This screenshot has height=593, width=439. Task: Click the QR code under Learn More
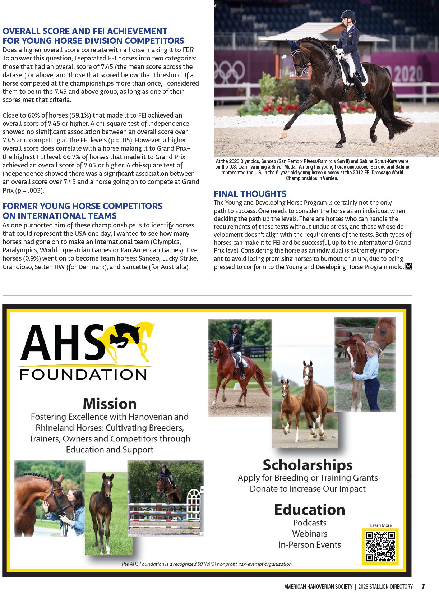(380, 546)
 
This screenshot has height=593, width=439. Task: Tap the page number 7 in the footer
(423, 587)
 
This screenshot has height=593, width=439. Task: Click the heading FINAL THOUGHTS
(250, 194)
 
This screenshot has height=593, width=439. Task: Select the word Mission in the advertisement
(110, 404)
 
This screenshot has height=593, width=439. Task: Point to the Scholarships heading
(308, 465)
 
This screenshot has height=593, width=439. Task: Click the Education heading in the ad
(309, 510)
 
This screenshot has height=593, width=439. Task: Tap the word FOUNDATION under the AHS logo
(83, 374)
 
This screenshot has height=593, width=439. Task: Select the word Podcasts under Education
(310, 523)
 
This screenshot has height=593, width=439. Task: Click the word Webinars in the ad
(310, 534)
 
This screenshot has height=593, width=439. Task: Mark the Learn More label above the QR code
(381, 525)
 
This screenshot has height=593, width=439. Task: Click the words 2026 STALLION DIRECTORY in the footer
(385, 587)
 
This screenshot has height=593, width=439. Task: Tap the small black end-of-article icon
(408, 267)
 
